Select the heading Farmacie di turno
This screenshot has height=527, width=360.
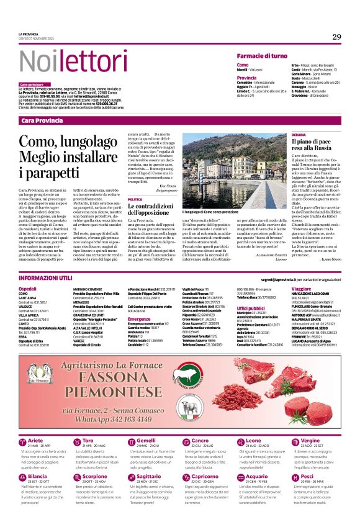point(266,56)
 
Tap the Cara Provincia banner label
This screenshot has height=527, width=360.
point(44,120)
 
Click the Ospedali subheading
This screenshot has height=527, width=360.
point(27,289)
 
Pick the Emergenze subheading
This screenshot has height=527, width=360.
point(140,318)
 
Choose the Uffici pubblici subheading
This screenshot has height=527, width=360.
point(251,307)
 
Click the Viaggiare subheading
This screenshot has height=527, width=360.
point(301,289)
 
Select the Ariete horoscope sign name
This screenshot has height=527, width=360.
point(35,440)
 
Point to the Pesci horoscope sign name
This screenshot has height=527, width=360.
point(307,477)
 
